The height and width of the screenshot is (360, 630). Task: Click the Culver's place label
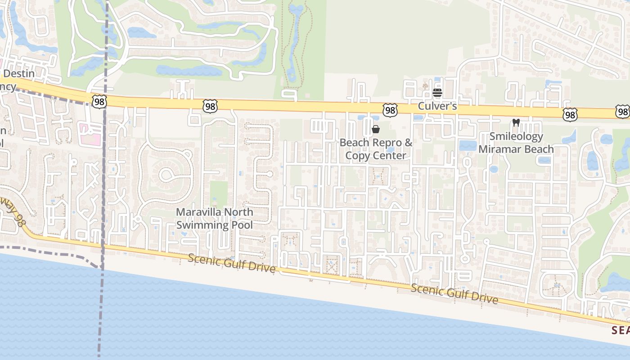pos(437,106)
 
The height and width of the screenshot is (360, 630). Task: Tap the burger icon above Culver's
pos(437,93)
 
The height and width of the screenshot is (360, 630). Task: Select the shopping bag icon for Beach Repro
pos(376,130)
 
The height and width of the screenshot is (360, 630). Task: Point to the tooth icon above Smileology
pos(516,122)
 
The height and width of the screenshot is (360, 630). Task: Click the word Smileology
pos(516,136)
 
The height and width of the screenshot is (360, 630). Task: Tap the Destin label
pos(18,73)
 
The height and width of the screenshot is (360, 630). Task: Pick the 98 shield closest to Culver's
pos(390,110)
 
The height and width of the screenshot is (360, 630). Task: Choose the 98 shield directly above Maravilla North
pos(210,106)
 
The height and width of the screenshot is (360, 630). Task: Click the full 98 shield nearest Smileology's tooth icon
pos(570,115)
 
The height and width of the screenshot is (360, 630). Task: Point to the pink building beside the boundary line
pos(90,135)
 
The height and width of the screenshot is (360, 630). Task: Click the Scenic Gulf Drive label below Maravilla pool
pos(231,263)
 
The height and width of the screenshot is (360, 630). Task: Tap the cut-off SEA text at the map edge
pos(621,330)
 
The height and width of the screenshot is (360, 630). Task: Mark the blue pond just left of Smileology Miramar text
pos(468,145)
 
